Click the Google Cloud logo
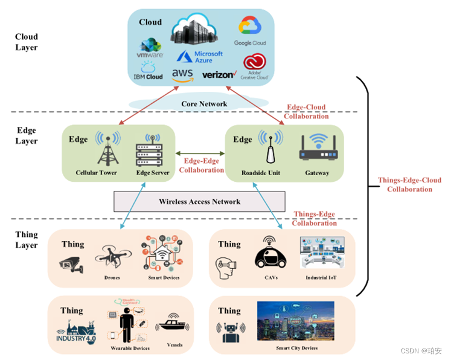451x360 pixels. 249,27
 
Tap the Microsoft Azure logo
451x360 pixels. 200,57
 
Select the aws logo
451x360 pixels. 182,74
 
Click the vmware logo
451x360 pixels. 150,48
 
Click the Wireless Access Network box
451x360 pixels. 199,201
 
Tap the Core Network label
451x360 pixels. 204,104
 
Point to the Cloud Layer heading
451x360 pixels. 27,42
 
